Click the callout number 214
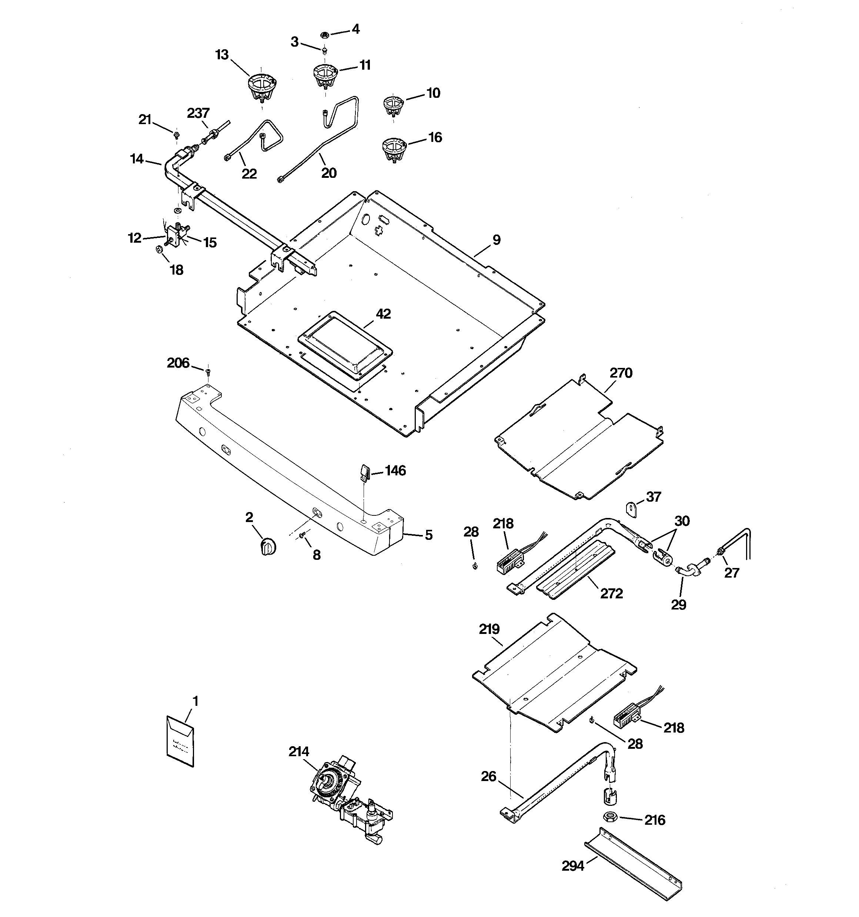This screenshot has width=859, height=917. [298, 752]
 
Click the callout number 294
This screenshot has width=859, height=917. [573, 866]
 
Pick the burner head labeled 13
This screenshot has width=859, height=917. [262, 88]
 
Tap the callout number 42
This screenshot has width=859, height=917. [383, 314]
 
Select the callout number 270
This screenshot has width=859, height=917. [621, 373]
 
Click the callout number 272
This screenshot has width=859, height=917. [611, 593]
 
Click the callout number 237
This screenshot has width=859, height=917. [198, 113]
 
